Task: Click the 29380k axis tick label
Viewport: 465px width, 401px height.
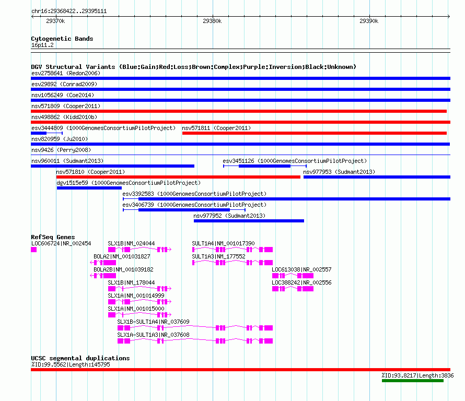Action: [x=212, y=21]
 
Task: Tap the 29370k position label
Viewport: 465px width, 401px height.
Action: [x=55, y=21]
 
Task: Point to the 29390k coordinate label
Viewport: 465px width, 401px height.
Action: [x=369, y=21]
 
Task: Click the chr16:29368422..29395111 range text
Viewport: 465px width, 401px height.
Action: [x=69, y=11]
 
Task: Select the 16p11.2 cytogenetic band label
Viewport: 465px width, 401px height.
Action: [x=42, y=45]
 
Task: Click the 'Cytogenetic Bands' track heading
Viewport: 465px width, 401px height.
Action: [x=62, y=39]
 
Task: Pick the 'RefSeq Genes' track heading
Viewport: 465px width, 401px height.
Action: [x=53, y=237]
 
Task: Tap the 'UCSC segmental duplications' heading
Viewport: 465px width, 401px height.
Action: [x=80, y=358]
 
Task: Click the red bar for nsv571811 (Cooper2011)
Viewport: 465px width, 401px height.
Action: [x=315, y=133]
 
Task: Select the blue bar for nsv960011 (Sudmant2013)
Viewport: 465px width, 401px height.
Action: [x=113, y=166]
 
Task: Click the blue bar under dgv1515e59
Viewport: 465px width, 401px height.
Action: [x=89, y=188]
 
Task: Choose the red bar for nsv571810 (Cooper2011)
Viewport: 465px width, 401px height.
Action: [x=178, y=177]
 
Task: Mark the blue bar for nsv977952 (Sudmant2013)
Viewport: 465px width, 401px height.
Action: [x=249, y=221]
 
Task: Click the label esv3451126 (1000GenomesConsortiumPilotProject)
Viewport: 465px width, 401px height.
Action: [x=295, y=161]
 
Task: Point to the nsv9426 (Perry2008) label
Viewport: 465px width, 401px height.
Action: [x=61, y=150]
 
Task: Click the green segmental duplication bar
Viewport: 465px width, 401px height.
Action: [x=413, y=381]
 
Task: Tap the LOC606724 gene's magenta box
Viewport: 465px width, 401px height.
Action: [x=34, y=250]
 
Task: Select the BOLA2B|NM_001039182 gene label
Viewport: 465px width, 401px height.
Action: [x=123, y=269]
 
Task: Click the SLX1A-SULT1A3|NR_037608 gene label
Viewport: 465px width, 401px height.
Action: [x=153, y=335]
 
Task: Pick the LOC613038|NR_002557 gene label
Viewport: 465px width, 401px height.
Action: [x=301, y=269]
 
